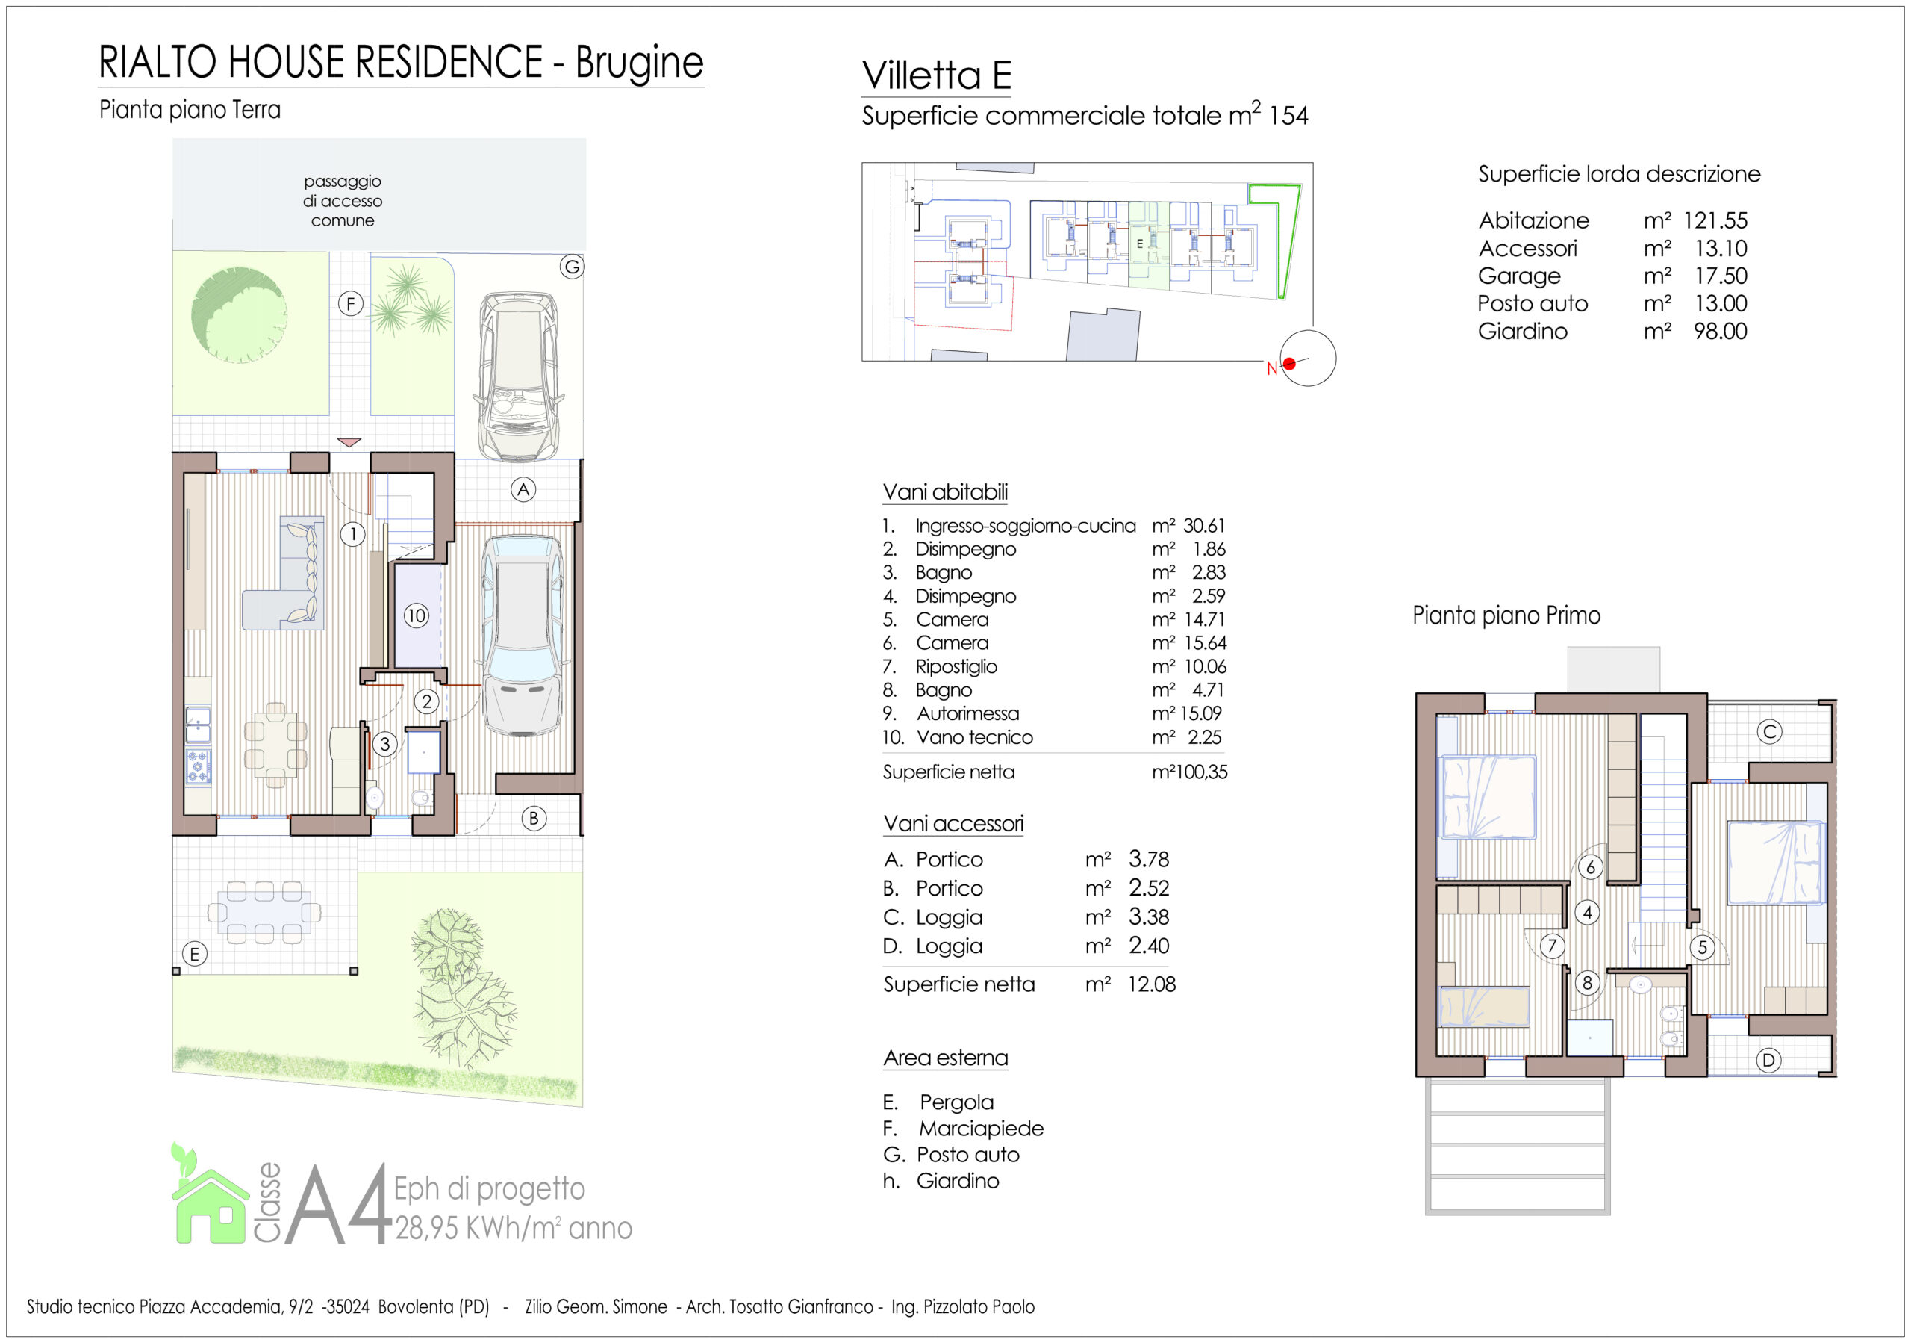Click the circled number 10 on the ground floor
click(416, 615)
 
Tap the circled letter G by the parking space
click(572, 267)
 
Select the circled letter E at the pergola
click(195, 954)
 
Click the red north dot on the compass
click(1289, 364)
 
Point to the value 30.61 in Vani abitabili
click(1204, 526)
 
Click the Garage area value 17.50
click(1721, 276)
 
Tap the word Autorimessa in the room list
click(968, 713)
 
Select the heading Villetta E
click(937, 75)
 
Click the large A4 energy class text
click(340, 1203)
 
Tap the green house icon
click(209, 1195)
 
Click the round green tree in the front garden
click(239, 314)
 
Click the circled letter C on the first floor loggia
click(1769, 732)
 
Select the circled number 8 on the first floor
click(1587, 983)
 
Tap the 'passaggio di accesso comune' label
click(342, 201)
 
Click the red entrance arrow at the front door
click(349, 443)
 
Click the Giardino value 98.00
click(1721, 332)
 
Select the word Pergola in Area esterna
click(957, 1102)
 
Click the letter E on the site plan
click(1139, 244)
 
